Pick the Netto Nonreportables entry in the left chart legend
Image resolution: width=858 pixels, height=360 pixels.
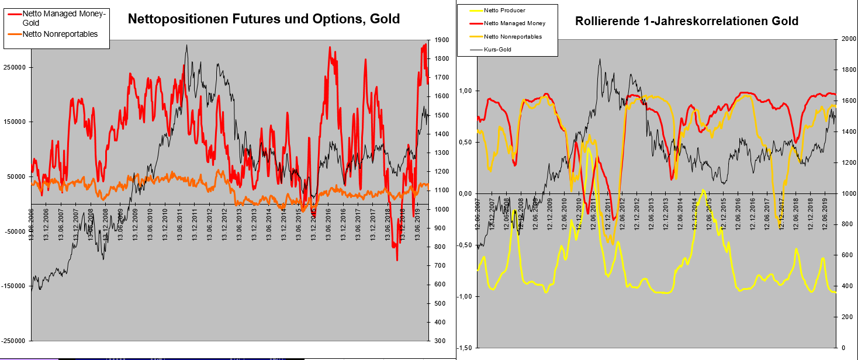(60, 34)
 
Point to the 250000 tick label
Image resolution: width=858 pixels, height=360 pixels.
(16, 67)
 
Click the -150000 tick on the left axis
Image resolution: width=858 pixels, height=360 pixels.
(15, 286)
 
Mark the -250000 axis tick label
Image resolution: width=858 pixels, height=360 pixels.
(15, 341)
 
